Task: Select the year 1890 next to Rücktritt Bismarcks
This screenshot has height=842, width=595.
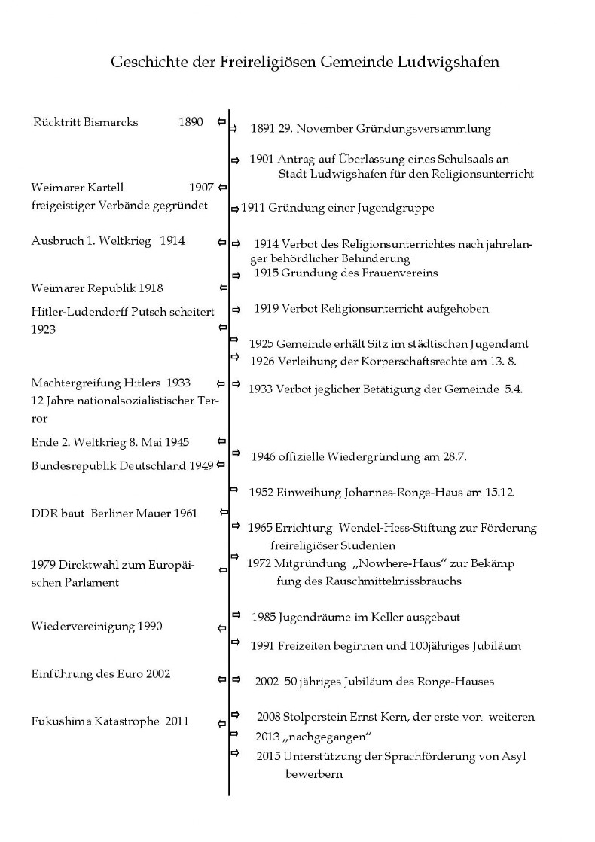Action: tap(191, 122)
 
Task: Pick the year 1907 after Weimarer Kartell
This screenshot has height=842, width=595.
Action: tap(201, 188)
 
